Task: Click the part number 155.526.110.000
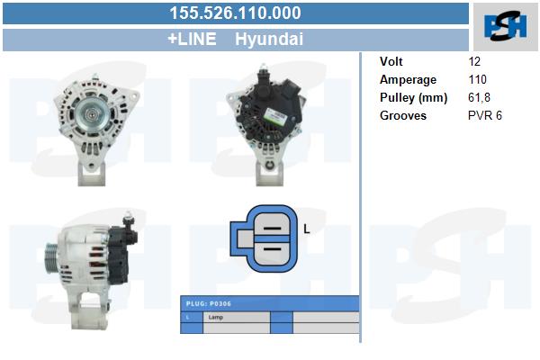pos(235,13)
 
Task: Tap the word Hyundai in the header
pos(269,39)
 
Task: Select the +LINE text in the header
pos(192,39)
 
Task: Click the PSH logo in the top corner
pos(505,25)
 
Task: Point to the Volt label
pos(391,61)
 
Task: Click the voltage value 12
pos(474,61)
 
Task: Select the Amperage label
pos(408,79)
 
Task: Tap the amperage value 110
pos(477,79)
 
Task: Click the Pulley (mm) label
pos(413,98)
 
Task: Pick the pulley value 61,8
pos(479,98)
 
